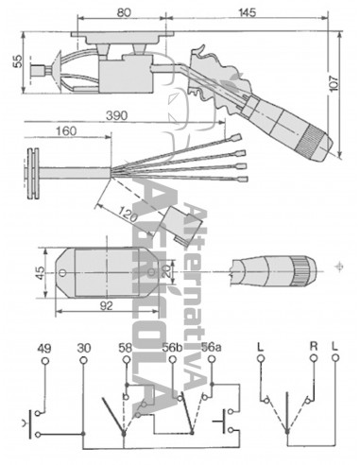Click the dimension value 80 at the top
(124, 12)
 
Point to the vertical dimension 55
(16, 59)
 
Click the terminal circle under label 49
(43, 363)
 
